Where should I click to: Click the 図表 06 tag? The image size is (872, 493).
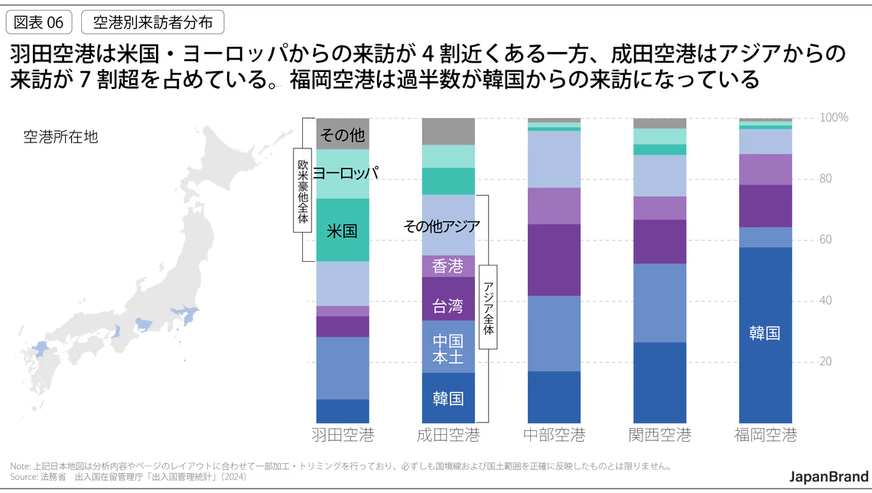click(x=38, y=22)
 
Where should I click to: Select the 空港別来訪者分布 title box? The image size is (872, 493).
click(x=152, y=22)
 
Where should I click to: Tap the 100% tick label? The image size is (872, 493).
click(x=833, y=118)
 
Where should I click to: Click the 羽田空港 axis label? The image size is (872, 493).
click(x=343, y=436)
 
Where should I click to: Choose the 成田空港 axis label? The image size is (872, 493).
click(x=448, y=436)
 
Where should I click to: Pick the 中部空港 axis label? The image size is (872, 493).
click(x=554, y=436)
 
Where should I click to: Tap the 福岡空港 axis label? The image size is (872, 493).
click(x=765, y=436)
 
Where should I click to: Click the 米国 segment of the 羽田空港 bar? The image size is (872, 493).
click(x=343, y=230)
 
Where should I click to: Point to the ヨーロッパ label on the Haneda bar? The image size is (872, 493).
click(x=346, y=173)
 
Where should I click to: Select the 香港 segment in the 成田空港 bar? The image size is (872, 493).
click(x=448, y=266)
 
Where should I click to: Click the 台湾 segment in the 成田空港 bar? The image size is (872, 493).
click(x=448, y=306)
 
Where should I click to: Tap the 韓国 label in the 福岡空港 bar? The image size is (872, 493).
click(x=765, y=333)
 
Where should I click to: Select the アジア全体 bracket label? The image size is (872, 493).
click(x=488, y=307)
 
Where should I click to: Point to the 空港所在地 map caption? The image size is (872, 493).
click(x=60, y=137)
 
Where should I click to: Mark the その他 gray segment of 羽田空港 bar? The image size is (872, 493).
click(x=343, y=135)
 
